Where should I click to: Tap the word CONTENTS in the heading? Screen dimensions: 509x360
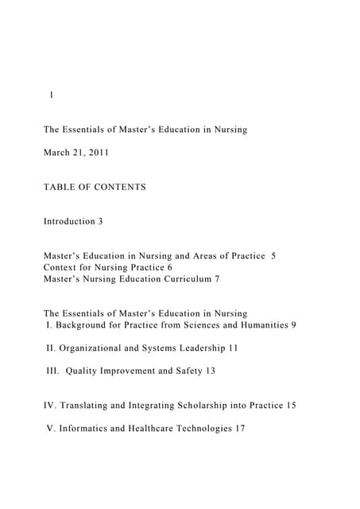(119, 187)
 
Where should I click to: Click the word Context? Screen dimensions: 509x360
(60, 268)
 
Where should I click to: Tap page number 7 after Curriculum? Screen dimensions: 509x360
(216, 279)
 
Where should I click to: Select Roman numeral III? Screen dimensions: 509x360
(52, 371)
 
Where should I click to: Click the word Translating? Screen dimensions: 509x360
(89, 406)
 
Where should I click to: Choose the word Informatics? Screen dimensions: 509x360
(87, 429)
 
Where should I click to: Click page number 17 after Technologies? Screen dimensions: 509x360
(240, 429)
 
